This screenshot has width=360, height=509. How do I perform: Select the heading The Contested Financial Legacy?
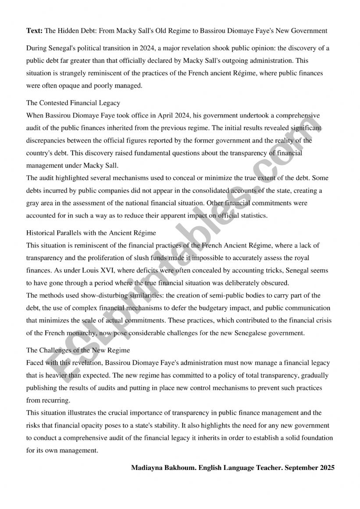(73, 103)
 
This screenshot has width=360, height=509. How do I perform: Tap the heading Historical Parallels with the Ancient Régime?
(91, 233)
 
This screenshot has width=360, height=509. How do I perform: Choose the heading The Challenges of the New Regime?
(78, 350)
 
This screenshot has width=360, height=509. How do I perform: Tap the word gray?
(33, 203)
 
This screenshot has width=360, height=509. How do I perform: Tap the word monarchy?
(82, 333)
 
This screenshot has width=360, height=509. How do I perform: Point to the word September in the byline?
(301, 468)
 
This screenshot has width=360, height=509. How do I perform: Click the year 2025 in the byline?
(327, 468)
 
